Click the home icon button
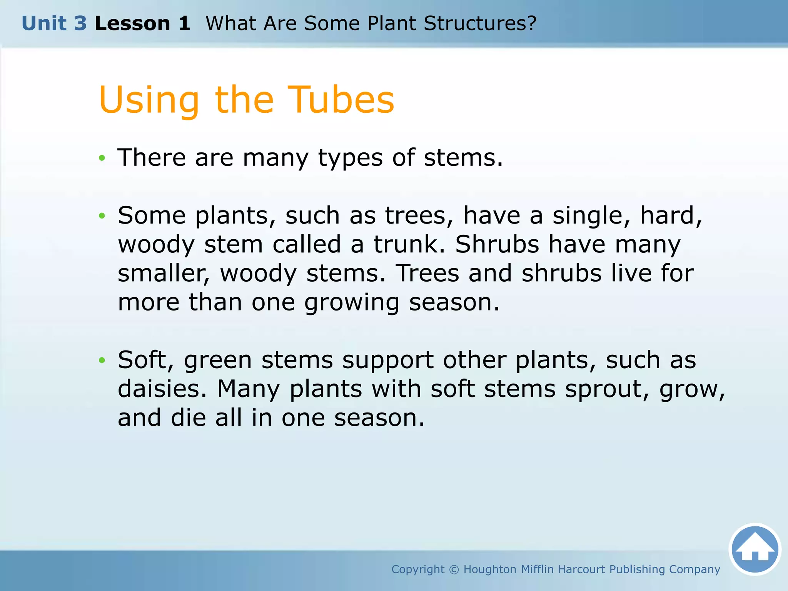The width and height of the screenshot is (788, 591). [x=755, y=549]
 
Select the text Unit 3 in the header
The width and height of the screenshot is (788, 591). [x=54, y=23]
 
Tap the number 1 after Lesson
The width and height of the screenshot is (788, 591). [x=184, y=23]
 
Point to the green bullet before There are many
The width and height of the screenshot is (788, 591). [x=102, y=158]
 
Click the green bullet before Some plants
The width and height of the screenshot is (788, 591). [x=102, y=216]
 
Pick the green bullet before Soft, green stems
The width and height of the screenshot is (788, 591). [x=102, y=360]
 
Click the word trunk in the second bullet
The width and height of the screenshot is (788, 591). [x=409, y=244]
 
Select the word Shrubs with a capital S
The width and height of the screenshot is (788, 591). [x=497, y=244]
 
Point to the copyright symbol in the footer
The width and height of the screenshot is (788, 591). [x=454, y=569]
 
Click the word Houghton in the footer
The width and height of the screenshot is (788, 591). [x=490, y=569]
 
